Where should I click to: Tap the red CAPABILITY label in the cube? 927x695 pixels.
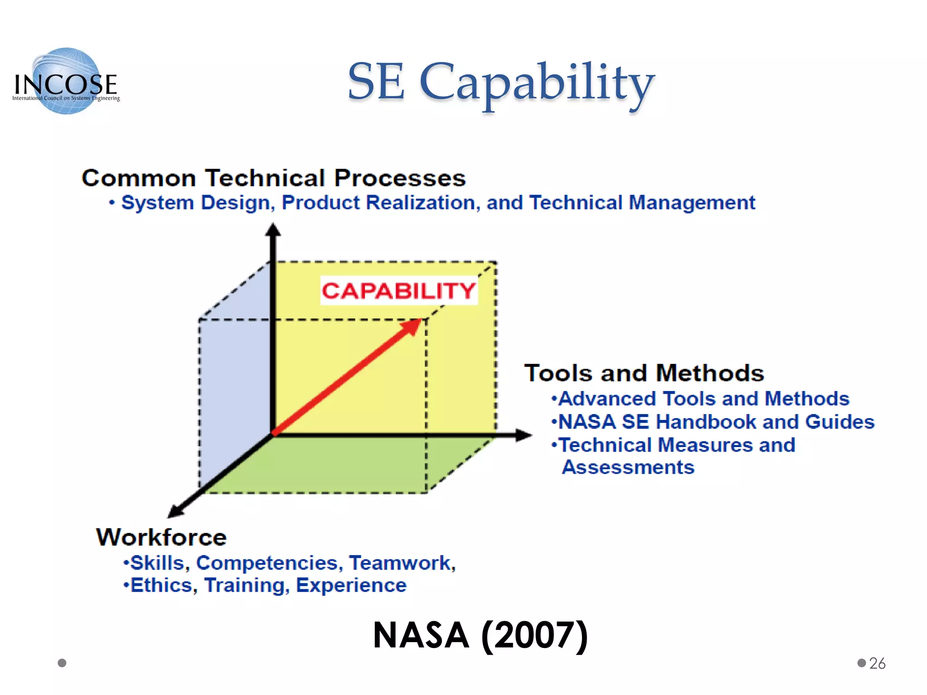point(399,290)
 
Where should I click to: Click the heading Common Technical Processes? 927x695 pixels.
point(273,178)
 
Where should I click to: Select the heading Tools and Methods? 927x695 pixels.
point(644,373)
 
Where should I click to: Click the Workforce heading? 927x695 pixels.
point(161,537)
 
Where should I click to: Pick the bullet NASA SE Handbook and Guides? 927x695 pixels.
point(716,422)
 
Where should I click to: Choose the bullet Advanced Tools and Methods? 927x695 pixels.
point(704,399)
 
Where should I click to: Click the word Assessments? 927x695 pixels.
point(628,467)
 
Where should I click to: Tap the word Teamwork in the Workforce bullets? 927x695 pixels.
point(401,563)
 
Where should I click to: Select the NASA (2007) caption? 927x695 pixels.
point(480,635)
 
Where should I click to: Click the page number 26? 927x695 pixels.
point(877,663)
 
